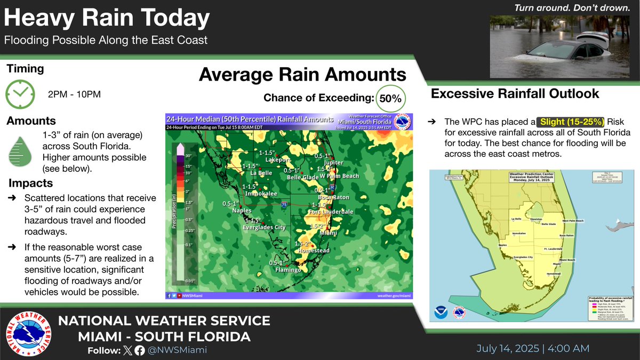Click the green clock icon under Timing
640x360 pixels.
click(20, 94)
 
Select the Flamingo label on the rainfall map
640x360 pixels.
click(289, 270)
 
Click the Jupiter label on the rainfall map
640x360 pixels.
click(333, 163)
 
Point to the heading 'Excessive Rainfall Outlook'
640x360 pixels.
click(515, 94)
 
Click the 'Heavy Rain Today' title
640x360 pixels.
click(107, 19)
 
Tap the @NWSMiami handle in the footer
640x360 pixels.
click(178, 350)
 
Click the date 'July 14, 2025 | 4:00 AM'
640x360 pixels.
click(532, 348)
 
